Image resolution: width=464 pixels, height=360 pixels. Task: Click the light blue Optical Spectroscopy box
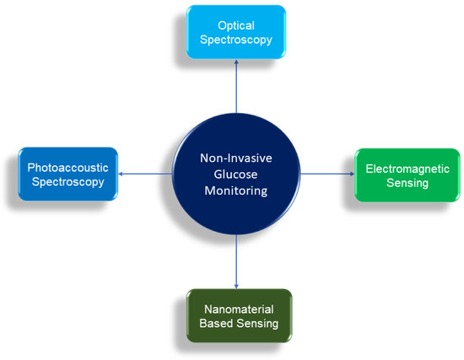pos(235,32)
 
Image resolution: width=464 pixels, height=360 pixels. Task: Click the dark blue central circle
pos(235,174)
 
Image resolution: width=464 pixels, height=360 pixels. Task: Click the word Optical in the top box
pos(235,24)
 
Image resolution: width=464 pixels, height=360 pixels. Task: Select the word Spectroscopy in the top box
pos(235,40)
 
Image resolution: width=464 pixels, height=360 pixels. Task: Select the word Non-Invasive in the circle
pos(235,158)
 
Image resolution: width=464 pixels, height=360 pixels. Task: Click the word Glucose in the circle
pos(235,174)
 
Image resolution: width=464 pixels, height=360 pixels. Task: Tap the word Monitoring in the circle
pos(235,191)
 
